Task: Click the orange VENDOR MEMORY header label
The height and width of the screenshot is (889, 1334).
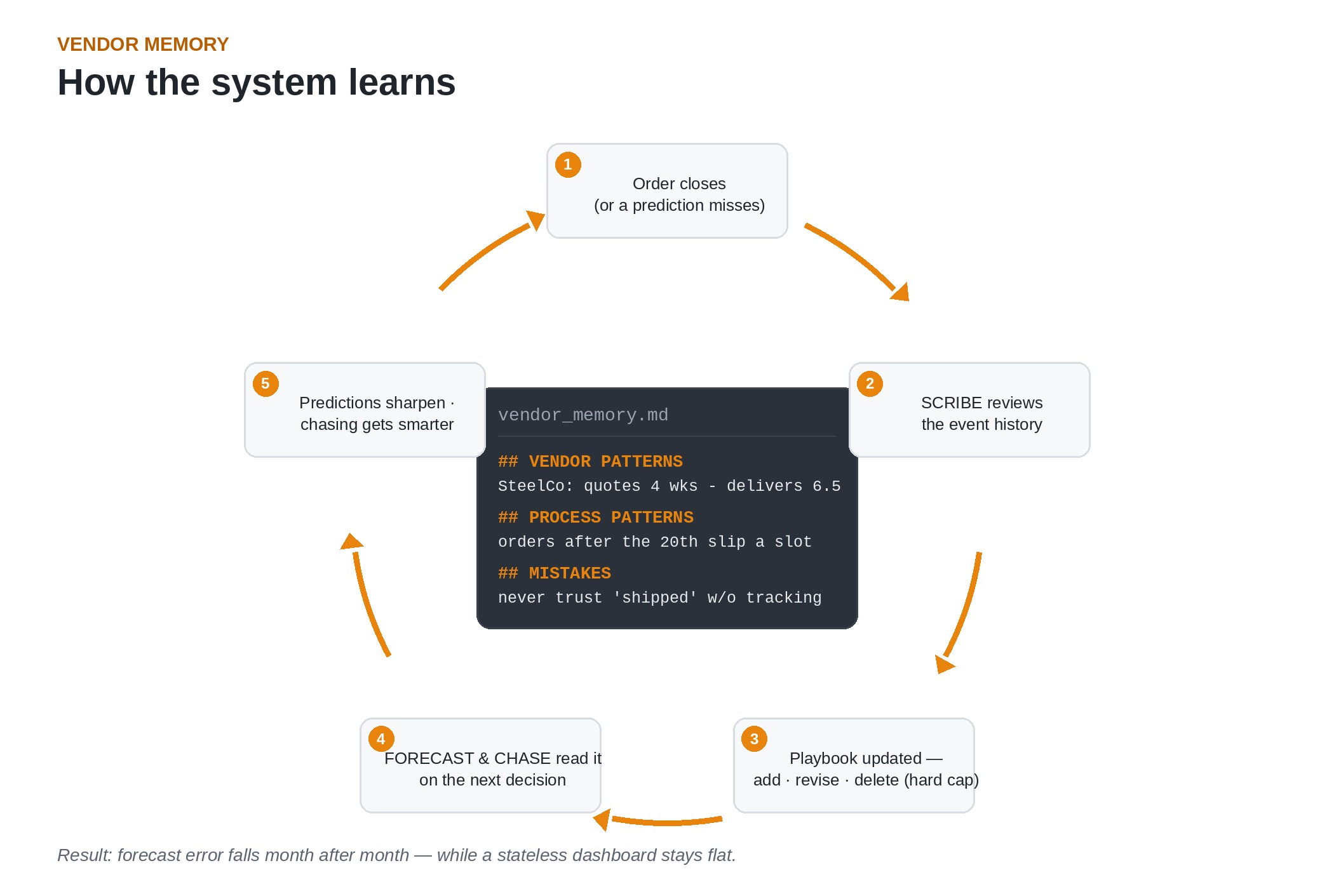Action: pyautogui.click(x=143, y=44)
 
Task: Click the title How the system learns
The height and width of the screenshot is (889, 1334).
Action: pyautogui.click(x=257, y=83)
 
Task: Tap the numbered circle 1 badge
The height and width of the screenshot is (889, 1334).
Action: pyautogui.click(x=568, y=164)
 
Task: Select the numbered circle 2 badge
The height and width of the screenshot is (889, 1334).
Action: pyautogui.click(x=870, y=384)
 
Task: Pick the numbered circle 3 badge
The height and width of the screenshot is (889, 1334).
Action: pyautogui.click(x=754, y=739)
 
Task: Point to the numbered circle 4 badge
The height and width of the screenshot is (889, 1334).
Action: pyautogui.click(x=381, y=739)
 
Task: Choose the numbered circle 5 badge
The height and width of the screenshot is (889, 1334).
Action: pyautogui.click(x=266, y=384)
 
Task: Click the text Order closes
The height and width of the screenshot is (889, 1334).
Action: pyautogui.click(x=679, y=184)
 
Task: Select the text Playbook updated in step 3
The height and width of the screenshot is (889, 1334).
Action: pyautogui.click(x=856, y=758)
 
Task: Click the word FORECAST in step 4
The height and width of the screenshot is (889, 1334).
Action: pyautogui.click(x=429, y=758)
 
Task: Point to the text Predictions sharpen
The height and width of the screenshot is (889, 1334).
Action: pyautogui.click(x=372, y=403)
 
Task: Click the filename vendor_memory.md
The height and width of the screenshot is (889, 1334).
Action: pyautogui.click(x=583, y=415)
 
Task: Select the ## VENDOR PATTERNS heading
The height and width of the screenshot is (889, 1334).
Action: pyautogui.click(x=590, y=462)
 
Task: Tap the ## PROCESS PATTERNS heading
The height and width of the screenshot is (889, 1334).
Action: pyautogui.click(x=596, y=518)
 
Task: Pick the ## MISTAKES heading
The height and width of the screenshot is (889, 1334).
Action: pyautogui.click(x=555, y=573)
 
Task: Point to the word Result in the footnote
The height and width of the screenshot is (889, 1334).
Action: pyautogui.click(x=84, y=855)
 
